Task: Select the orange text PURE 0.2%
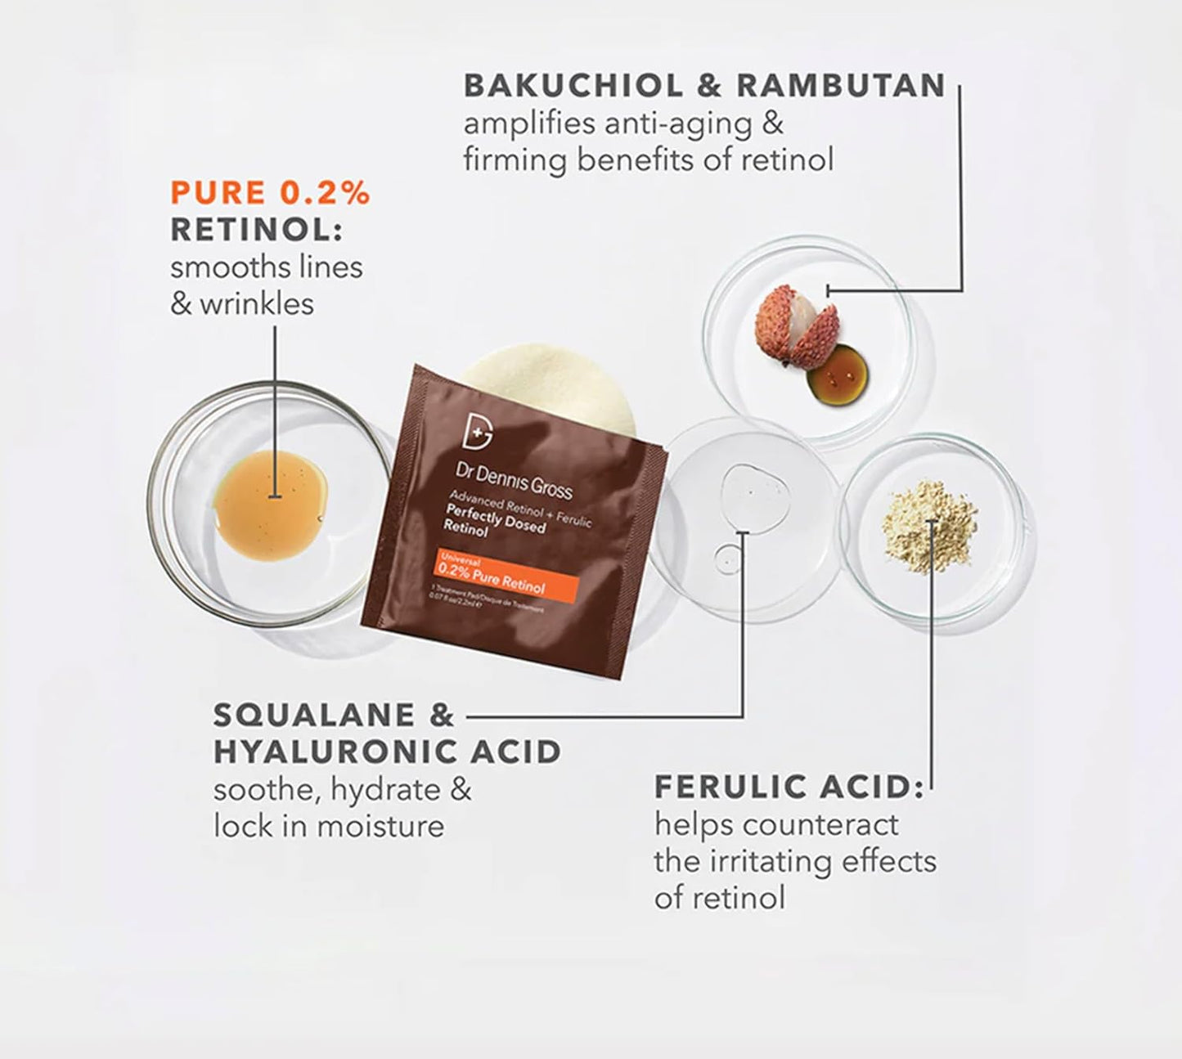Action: [270, 193]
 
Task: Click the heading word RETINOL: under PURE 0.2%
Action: [255, 230]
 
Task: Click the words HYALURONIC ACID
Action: [387, 752]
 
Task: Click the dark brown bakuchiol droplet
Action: [838, 375]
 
